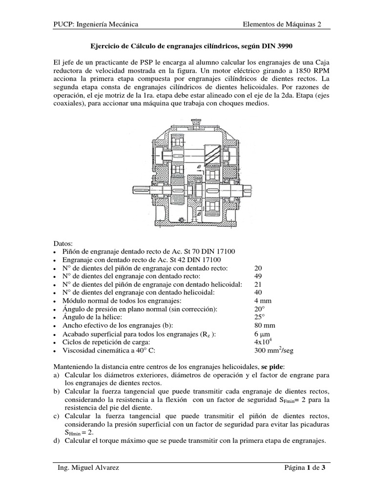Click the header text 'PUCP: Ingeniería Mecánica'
pyautogui.click(x=95, y=24)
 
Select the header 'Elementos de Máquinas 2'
pyautogui.click(x=282, y=24)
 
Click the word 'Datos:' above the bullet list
pyautogui.click(x=62, y=243)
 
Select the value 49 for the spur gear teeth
pyautogui.click(x=259, y=276)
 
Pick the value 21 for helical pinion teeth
pyautogui.click(x=259, y=284)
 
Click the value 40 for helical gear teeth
pyautogui.click(x=259, y=292)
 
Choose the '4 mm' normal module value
pyautogui.click(x=263, y=301)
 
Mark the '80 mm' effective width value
pyautogui.click(x=265, y=325)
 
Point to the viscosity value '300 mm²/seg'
pyautogui.click(x=273, y=350)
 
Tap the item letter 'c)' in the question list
pyautogui.click(x=56, y=416)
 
